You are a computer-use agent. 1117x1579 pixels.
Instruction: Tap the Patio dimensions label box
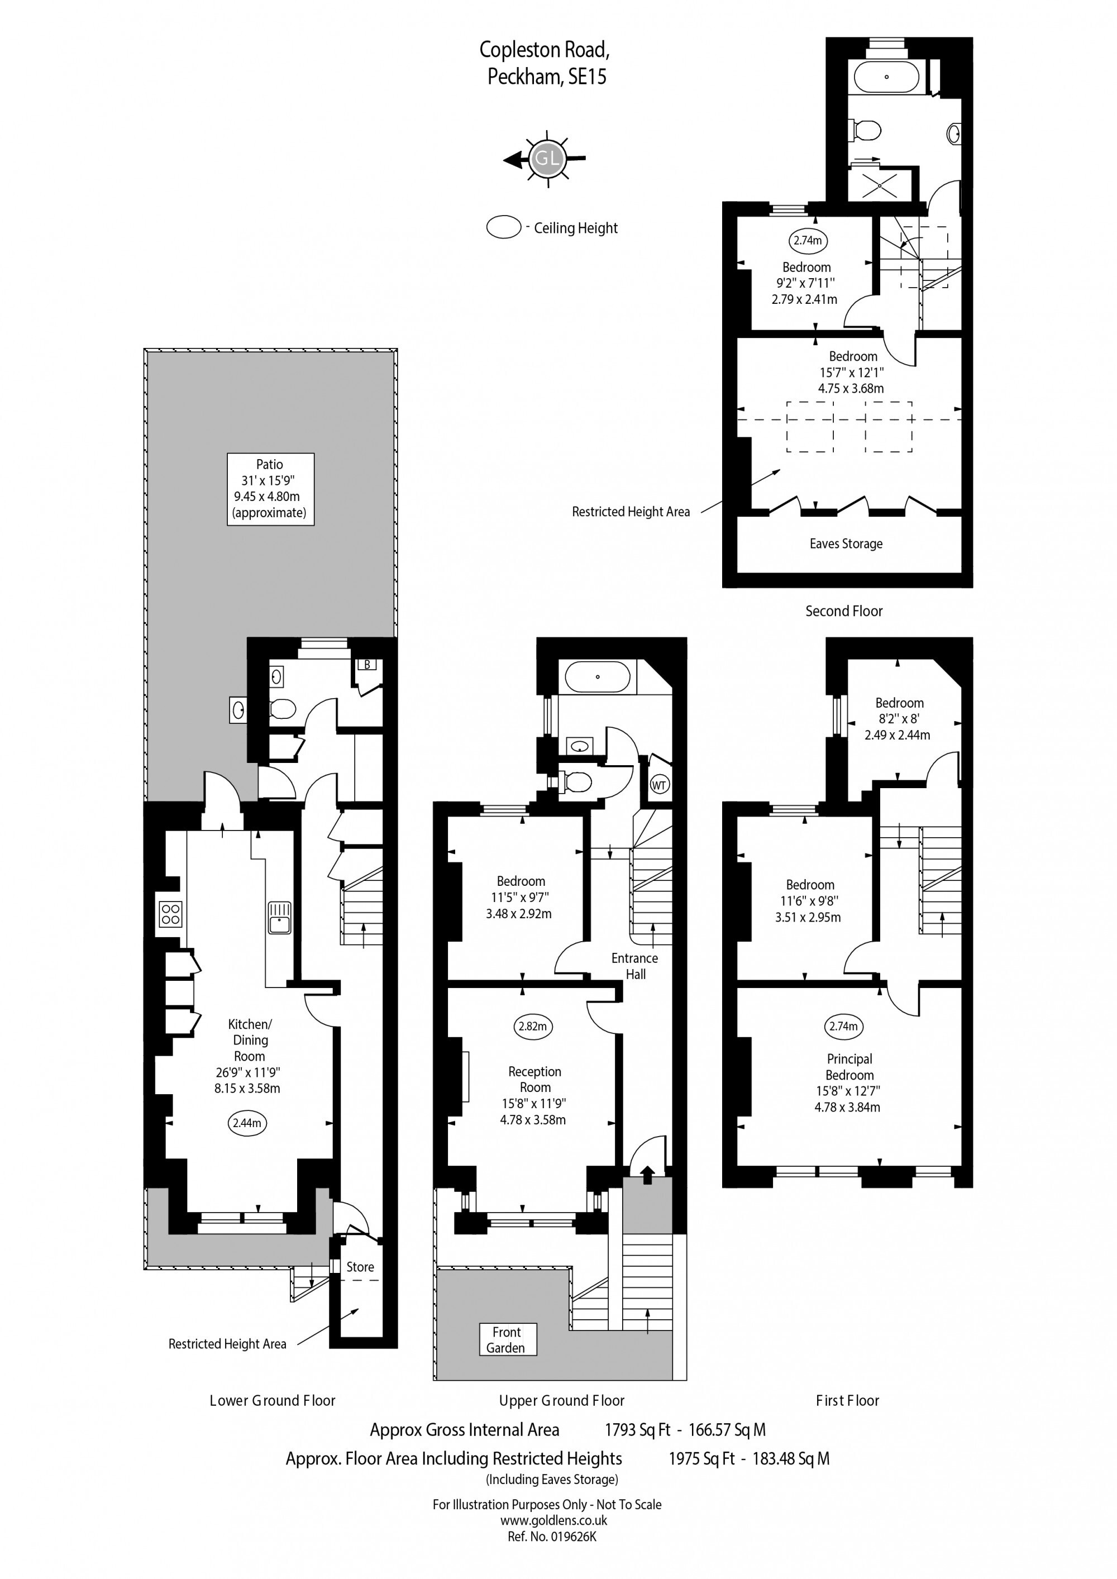270,489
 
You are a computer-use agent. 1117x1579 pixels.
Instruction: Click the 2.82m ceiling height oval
533,1026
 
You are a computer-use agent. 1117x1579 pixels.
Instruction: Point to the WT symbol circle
660,785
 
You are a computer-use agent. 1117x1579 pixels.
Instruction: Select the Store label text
360,1267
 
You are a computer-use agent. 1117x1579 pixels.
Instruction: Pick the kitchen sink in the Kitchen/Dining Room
279,918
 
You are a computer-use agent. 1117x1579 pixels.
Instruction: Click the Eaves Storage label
846,543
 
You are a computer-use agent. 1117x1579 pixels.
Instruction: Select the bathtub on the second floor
886,77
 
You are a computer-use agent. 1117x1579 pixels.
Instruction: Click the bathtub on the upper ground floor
597,677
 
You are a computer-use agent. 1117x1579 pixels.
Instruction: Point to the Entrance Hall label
635,966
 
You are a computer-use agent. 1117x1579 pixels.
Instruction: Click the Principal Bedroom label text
850,1067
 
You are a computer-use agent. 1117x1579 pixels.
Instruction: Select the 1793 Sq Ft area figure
638,1430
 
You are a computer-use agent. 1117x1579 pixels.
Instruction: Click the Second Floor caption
844,610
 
